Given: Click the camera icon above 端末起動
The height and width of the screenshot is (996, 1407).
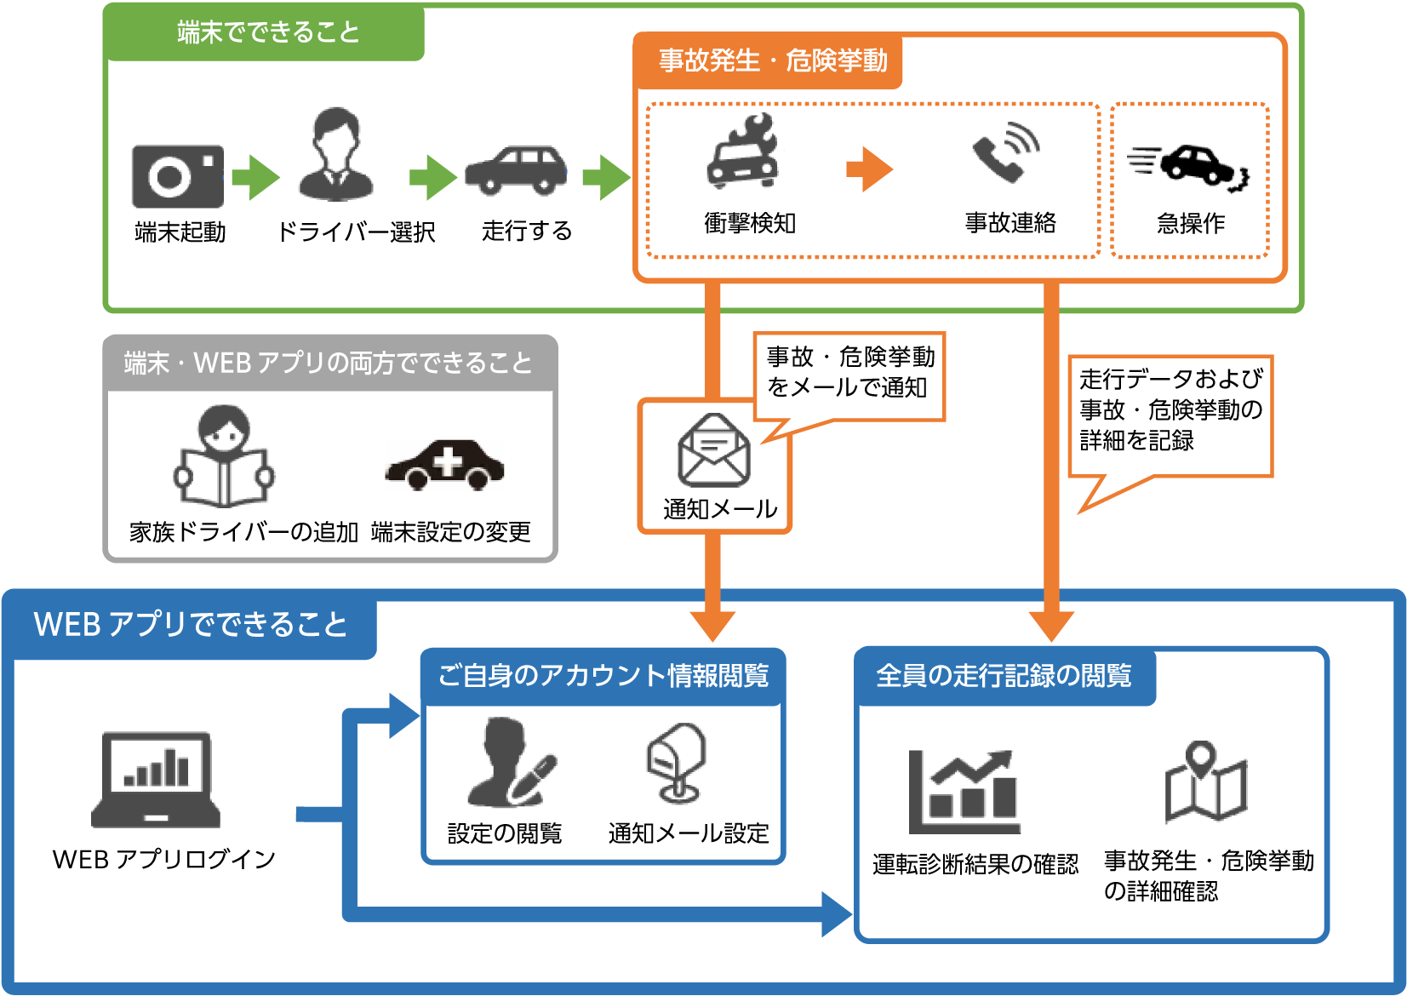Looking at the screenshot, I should pos(178,176).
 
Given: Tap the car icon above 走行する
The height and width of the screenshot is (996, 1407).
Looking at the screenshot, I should pos(516,169).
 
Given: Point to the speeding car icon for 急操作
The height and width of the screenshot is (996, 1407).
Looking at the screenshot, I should pos(1189,163).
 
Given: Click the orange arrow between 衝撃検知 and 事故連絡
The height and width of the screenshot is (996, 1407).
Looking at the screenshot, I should pos(869,169).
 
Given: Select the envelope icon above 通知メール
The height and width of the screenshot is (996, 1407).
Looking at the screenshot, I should pos(714,450).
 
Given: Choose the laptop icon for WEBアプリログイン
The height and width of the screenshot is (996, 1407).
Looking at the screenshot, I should pos(156,780).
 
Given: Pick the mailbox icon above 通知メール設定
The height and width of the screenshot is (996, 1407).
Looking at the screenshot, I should pos(677,763).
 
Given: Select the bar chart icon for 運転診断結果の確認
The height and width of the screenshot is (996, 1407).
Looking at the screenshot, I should pos(964,792).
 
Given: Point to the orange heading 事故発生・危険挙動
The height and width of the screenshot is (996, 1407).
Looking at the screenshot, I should pos(772,60).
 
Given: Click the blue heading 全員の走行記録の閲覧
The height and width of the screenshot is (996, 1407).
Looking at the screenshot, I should pos(1004,676).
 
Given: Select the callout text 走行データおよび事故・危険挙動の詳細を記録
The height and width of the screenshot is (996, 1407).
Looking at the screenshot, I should pos(1170,409).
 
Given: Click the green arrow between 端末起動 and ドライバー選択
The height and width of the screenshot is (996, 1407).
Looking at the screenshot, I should pos(255,177).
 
